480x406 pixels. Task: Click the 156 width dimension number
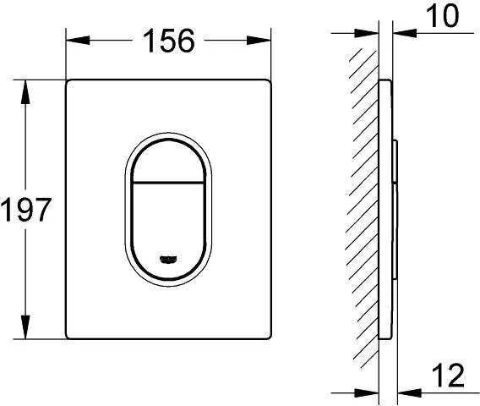(169, 38)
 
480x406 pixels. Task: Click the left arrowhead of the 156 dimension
(72, 38)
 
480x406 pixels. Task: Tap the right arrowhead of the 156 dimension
(266, 38)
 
